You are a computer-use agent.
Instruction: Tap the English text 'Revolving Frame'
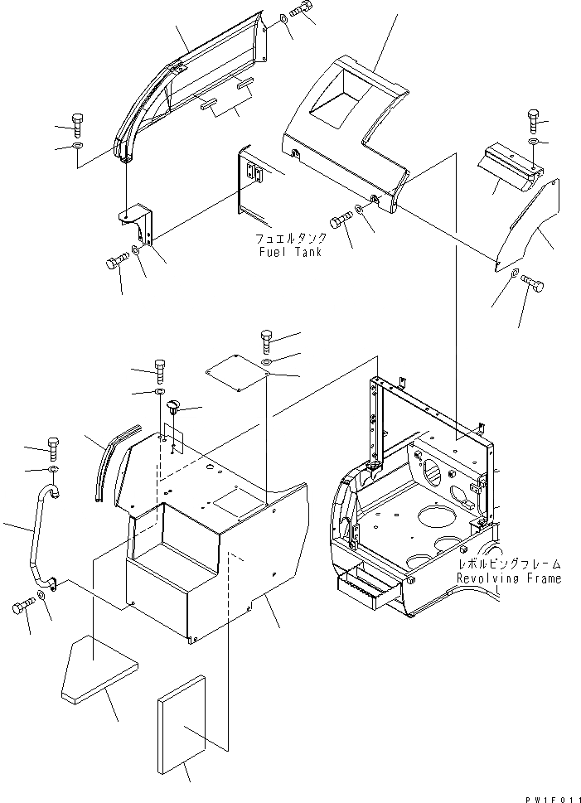[507, 578]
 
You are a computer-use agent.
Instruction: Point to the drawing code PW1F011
[550, 797]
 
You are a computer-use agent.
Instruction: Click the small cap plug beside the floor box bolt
[173, 407]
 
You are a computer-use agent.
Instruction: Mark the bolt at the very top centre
[303, 11]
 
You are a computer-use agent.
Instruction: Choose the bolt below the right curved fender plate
[533, 286]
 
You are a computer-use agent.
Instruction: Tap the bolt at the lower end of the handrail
[22, 608]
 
